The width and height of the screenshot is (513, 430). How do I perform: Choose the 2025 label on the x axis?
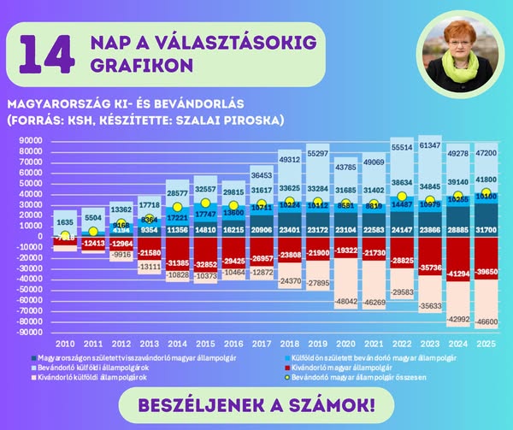click(486, 342)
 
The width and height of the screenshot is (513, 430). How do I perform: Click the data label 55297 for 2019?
click(318, 154)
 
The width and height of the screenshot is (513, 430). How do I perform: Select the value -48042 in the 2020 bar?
click(345, 302)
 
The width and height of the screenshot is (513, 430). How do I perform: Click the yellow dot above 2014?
click(178, 207)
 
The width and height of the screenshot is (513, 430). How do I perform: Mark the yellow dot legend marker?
click(285, 376)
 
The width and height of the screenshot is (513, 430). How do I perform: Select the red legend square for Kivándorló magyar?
click(285, 367)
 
